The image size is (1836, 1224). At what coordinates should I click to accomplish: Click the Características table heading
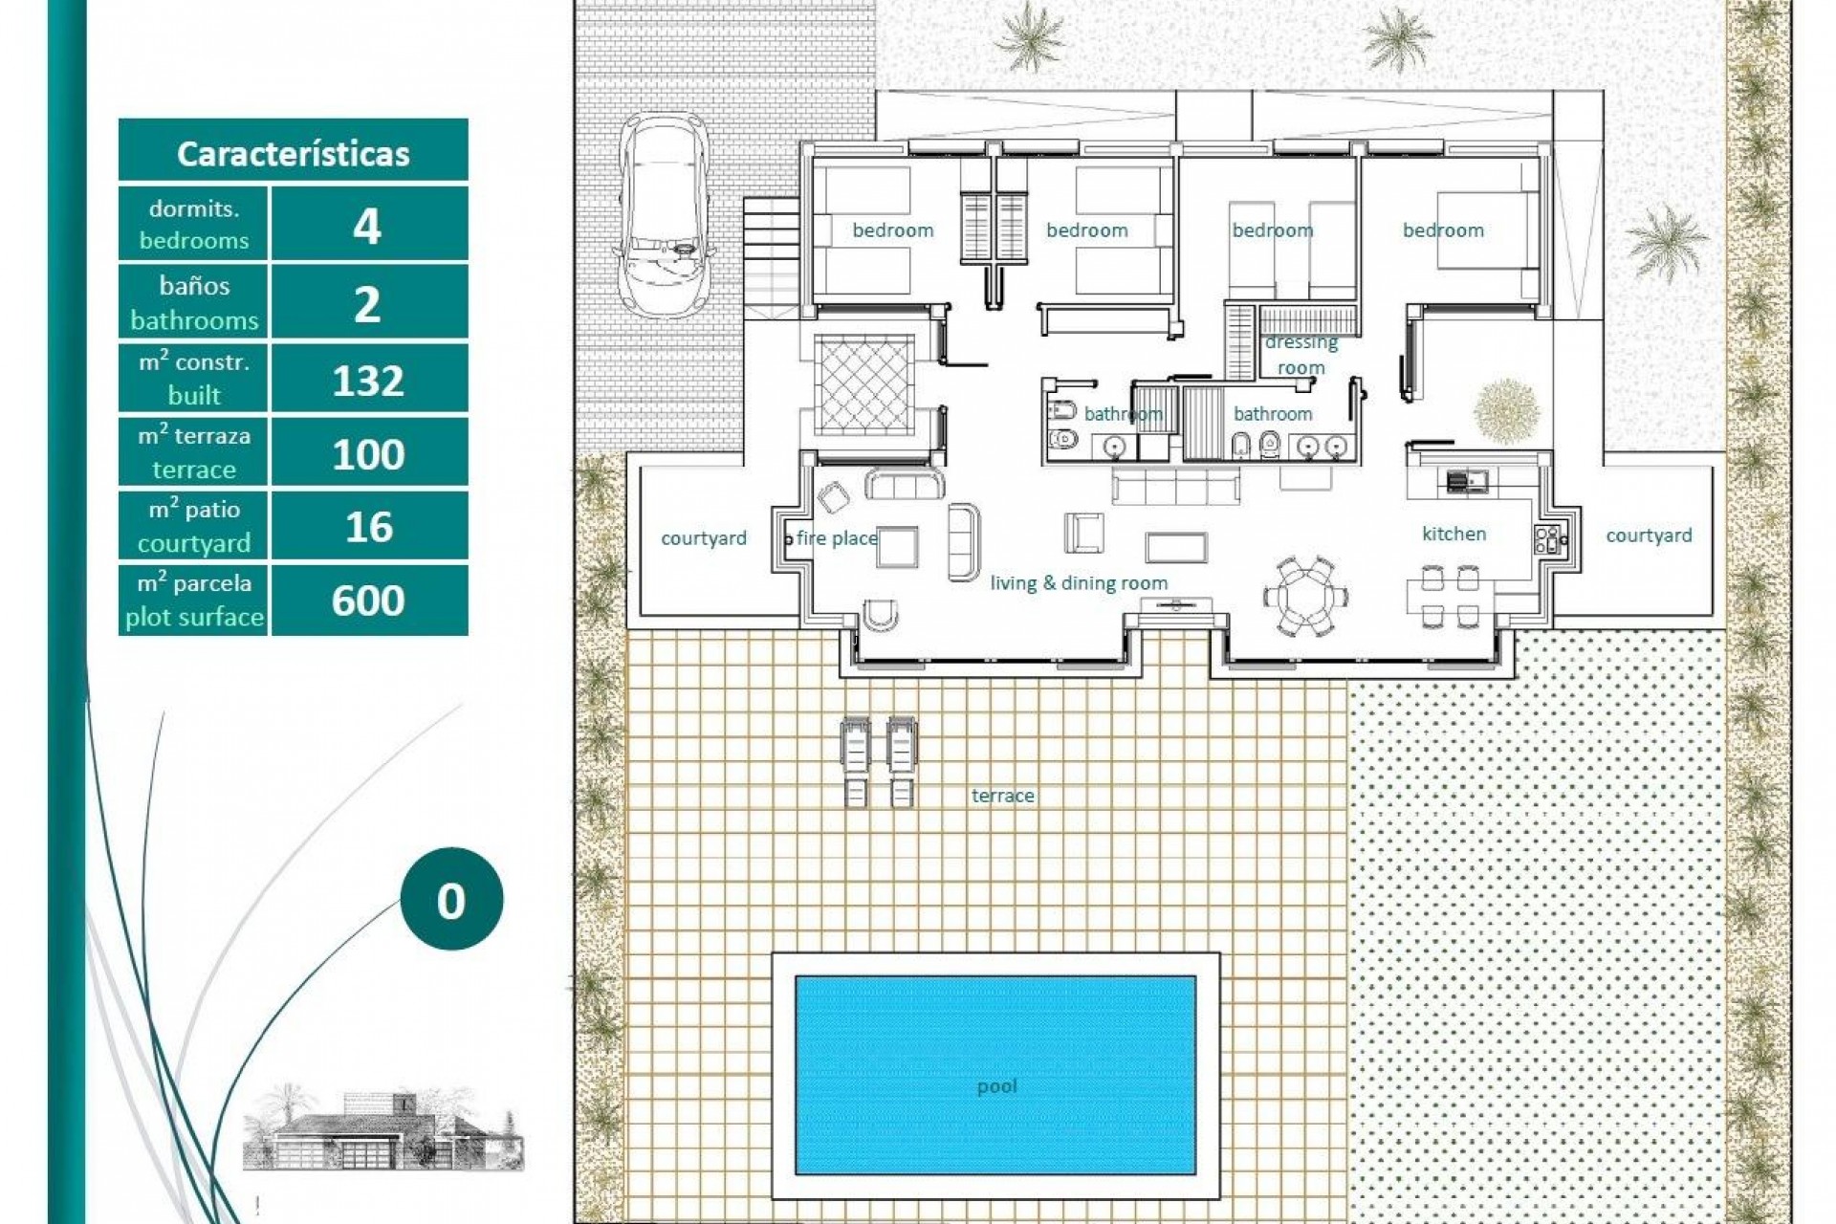(293, 153)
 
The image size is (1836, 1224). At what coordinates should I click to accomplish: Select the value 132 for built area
(368, 381)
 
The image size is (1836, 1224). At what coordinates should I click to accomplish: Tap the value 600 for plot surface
(368, 601)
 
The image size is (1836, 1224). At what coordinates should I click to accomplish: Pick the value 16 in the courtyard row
(368, 527)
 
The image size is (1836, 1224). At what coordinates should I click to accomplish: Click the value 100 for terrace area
(368, 453)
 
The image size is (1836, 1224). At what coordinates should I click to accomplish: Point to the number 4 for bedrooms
(368, 227)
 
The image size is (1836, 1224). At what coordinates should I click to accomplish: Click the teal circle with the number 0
(450, 900)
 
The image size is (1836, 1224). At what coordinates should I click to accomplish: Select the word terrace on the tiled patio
(1002, 796)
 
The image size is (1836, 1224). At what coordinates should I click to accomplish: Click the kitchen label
(1453, 534)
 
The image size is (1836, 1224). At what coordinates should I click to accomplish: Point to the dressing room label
(1301, 355)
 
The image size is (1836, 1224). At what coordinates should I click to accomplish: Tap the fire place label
(836, 538)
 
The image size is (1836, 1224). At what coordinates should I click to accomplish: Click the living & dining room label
(1079, 582)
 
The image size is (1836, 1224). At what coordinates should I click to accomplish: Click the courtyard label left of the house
(704, 538)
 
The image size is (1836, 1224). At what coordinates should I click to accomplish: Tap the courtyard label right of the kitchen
(1649, 535)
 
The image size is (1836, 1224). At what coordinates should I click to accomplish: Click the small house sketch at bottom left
(382, 1128)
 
